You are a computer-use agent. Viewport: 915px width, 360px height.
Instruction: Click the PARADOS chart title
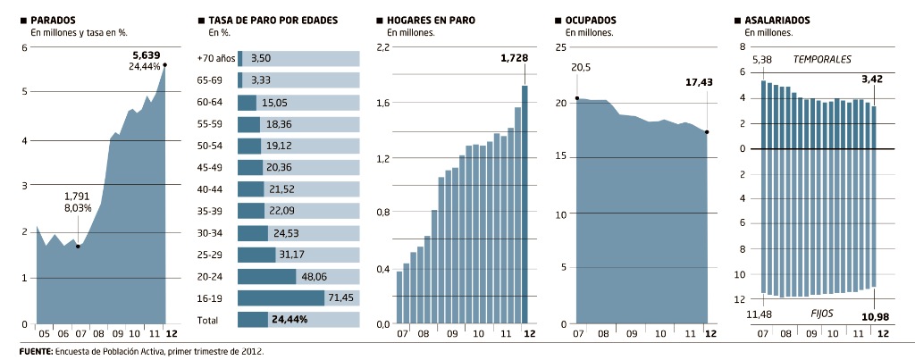click(x=53, y=19)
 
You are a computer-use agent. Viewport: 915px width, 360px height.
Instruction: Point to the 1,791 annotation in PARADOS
click(x=78, y=196)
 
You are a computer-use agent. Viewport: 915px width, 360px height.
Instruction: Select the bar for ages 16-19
click(x=281, y=297)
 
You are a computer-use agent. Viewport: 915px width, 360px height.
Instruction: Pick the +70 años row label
click(x=216, y=58)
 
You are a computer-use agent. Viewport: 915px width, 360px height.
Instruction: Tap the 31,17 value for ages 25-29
click(x=292, y=255)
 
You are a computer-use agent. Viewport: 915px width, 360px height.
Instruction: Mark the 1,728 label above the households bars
click(x=514, y=58)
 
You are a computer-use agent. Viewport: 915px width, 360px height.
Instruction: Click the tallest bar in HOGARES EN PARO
click(x=525, y=203)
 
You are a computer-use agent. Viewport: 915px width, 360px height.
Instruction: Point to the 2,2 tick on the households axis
click(x=382, y=47)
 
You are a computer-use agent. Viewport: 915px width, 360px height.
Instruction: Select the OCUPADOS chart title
click(x=591, y=19)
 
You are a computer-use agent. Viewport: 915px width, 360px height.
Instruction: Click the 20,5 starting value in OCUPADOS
click(x=581, y=68)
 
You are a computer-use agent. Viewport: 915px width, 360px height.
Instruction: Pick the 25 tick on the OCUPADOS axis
click(x=561, y=47)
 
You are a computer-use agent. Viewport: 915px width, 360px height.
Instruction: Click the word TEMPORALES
click(x=822, y=60)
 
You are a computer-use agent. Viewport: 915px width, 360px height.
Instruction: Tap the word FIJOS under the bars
click(x=822, y=314)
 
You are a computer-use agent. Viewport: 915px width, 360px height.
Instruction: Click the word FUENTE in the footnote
click(x=35, y=352)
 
